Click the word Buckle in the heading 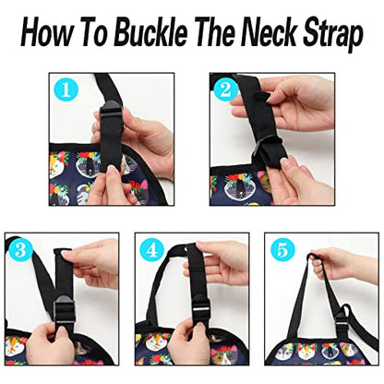[151, 32]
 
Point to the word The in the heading [214, 32]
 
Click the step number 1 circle [66, 90]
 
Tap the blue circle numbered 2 [225, 90]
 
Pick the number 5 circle [282, 249]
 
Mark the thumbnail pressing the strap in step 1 [113, 169]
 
